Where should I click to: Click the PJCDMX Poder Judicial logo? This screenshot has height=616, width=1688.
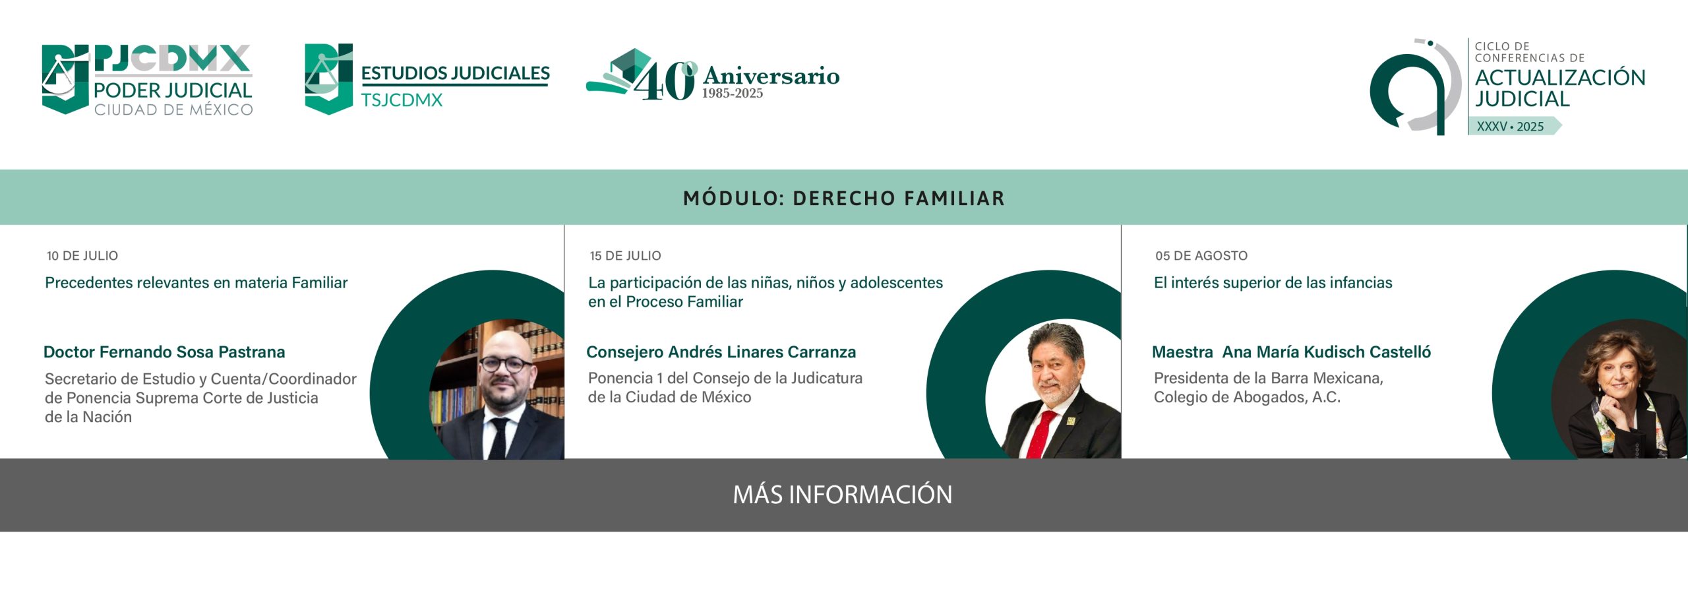pos(147,80)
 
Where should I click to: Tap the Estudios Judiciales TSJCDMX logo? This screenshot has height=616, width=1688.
pos(427,79)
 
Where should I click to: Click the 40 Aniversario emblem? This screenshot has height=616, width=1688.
pos(713,75)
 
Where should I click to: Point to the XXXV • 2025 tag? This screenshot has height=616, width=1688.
pos(1514,126)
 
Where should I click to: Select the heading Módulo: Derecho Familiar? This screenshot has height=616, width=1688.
pos(844,198)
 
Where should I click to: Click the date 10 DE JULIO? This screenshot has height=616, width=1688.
pos(82,256)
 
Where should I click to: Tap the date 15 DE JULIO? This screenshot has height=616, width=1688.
pos(625,256)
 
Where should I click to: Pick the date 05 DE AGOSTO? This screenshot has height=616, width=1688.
pos(1201,256)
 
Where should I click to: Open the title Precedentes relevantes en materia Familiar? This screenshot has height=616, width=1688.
pos(196,283)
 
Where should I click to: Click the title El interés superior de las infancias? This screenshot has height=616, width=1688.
pos(1273,283)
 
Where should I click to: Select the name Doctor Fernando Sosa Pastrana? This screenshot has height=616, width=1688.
pos(164,352)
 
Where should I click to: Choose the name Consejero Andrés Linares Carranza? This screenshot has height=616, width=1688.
pos(721,352)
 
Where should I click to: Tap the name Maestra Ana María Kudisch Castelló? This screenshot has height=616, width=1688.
pos(1291,352)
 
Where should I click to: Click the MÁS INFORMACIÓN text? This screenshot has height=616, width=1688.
pos(843,495)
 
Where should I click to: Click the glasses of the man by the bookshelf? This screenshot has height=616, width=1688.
pos(505,363)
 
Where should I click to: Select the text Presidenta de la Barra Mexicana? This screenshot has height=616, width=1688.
pos(1268,378)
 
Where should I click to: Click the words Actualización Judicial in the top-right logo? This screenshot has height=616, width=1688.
pos(1560,88)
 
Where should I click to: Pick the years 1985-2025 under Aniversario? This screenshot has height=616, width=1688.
pos(732,94)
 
